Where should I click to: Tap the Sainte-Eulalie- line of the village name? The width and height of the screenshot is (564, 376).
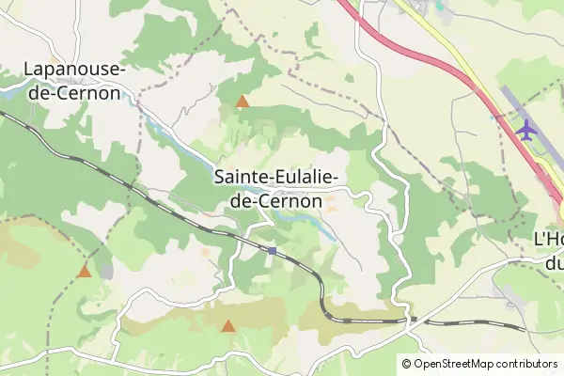[x=276, y=177]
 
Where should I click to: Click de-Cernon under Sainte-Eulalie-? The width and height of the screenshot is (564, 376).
[x=276, y=200]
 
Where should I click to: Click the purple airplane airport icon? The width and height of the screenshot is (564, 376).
[x=525, y=128]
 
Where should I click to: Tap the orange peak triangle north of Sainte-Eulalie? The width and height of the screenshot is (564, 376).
[x=243, y=102]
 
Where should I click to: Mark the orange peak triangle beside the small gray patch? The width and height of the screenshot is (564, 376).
[x=85, y=271]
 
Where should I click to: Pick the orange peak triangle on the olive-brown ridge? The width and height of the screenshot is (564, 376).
[x=227, y=326]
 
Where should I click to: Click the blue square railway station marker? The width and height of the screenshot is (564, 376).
[x=272, y=251]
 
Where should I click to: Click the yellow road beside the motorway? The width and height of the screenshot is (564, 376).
[x=451, y=47]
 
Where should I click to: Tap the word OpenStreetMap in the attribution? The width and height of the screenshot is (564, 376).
[x=455, y=363]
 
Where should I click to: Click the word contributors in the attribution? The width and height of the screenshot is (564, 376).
[x=526, y=363]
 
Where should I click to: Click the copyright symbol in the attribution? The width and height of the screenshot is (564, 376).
[x=407, y=363]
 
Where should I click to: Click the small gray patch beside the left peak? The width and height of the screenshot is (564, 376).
[x=105, y=271]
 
